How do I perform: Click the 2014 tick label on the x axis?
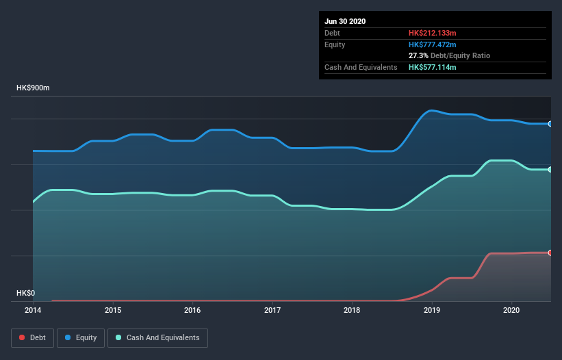tap(33, 310)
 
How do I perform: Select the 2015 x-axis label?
tap(113, 310)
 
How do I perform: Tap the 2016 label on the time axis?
tap(192, 310)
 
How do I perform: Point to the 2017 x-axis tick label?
tap(272, 310)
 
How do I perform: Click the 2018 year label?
tap(352, 310)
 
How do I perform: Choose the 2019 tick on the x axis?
tap(432, 310)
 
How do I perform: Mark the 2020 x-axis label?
tap(511, 310)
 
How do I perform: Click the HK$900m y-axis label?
tap(34, 88)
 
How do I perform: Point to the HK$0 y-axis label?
tap(25, 293)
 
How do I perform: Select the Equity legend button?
tap(81, 337)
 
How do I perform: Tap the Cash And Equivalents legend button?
tap(157, 337)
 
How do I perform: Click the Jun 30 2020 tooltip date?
tap(345, 21)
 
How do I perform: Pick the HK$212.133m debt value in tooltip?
tap(433, 33)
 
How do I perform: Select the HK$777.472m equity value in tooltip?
tap(433, 44)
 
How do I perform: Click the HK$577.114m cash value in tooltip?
tap(433, 67)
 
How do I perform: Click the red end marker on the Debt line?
tap(550, 253)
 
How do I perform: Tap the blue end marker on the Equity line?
tap(550, 124)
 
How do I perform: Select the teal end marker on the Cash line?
tap(550, 169)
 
